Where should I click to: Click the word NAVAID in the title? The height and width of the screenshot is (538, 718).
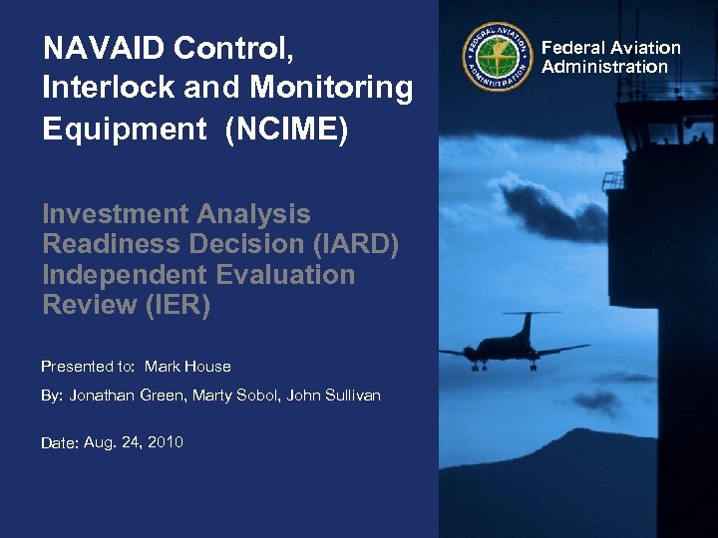(x=100, y=48)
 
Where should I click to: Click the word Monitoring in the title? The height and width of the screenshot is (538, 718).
(x=331, y=89)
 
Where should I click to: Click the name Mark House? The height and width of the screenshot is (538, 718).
(x=187, y=367)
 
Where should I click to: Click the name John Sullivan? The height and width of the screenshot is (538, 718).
(x=333, y=397)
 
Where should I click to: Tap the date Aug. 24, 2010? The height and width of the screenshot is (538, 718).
(x=134, y=442)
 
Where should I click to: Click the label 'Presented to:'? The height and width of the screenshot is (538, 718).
(x=89, y=367)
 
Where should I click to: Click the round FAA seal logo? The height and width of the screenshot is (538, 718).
(x=497, y=56)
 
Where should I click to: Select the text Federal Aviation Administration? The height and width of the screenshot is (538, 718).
(x=610, y=57)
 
